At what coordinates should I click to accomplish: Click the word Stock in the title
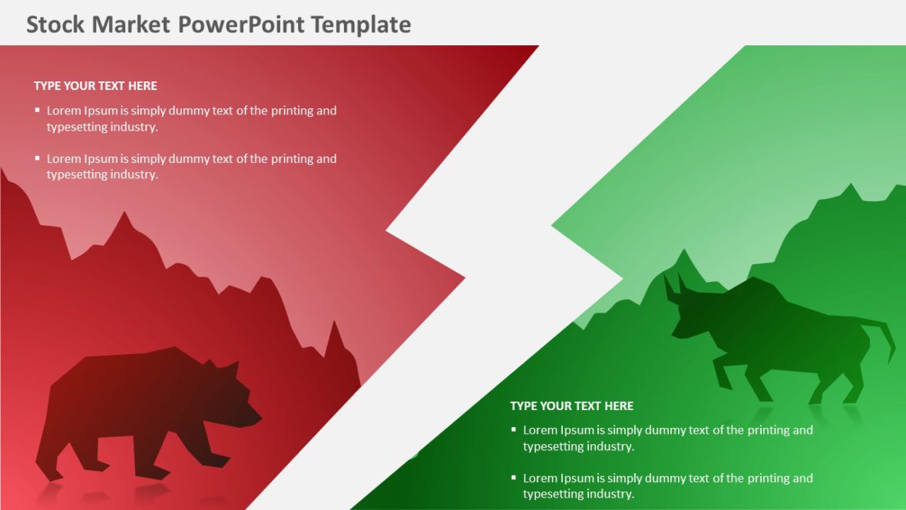point(56,25)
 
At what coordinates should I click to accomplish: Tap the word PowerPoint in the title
point(242,25)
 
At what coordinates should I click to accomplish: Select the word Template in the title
point(361,25)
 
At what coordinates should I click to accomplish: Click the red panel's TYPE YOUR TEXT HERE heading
point(95,86)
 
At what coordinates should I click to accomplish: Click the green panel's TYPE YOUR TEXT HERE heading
point(571,406)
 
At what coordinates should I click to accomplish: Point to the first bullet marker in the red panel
point(37,110)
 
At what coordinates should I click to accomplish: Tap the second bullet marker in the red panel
point(37,158)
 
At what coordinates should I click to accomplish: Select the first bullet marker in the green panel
point(514,429)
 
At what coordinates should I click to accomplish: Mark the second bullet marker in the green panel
point(514,477)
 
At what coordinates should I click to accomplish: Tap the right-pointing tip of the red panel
point(462,277)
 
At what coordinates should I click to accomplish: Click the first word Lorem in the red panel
point(64,111)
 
